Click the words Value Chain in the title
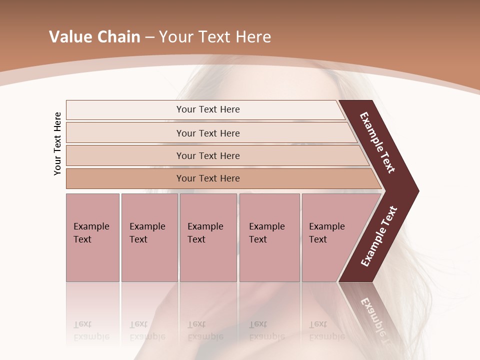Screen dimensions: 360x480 pyautogui.click(x=94, y=36)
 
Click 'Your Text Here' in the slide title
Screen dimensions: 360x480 pyautogui.click(x=215, y=36)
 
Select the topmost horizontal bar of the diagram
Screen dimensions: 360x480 pyautogui.click(x=125, y=110)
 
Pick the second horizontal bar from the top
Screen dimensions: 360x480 pyautogui.click(x=125, y=133)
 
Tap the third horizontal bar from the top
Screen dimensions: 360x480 pyautogui.click(x=125, y=155)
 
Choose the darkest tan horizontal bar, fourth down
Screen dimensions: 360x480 pyautogui.click(x=125, y=178)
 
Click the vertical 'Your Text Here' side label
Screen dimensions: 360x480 pyautogui.click(x=57, y=143)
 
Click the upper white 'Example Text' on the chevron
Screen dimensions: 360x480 pyautogui.click(x=377, y=142)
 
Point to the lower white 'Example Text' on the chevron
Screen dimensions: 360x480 pyautogui.click(x=378, y=236)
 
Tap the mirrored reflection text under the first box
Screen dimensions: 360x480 pyautogui.click(x=91, y=330)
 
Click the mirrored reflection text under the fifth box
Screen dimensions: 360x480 pyautogui.click(x=326, y=330)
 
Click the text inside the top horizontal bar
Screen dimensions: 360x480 pyautogui.click(x=208, y=109)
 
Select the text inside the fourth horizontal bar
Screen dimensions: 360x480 pyautogui.click(x=208, y=178)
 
